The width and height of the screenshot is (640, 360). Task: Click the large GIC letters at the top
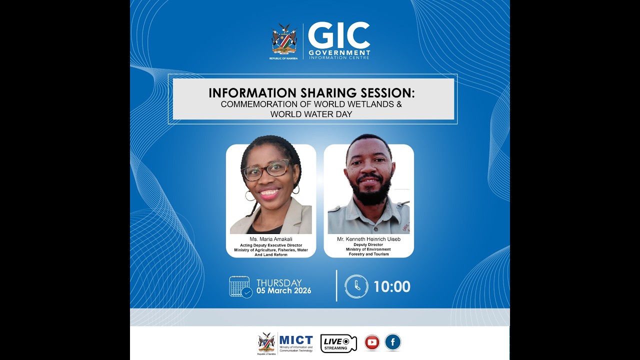point(338,35)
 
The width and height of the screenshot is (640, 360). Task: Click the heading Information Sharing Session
point(311,93)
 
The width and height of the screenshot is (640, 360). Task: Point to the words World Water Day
point(311,114)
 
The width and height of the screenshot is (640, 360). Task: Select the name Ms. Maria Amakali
point(270,239)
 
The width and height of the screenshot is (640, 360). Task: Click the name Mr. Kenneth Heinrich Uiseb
point(368,239)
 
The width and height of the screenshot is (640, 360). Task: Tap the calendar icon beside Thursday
point(240,287)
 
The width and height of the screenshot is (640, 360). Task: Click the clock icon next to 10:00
point(356,286)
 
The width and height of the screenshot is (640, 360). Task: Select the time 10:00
point(391,286)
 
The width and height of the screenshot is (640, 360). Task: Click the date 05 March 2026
point(283,291)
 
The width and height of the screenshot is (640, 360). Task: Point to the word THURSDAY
point(279,282)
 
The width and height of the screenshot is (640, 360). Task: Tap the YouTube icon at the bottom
point(372,342)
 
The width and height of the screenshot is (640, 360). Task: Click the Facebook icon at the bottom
point(392,342)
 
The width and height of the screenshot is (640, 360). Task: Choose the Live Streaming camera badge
point(338,343)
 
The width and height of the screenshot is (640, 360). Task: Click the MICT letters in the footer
point(296,340)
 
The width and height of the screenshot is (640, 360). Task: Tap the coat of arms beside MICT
point(266,342)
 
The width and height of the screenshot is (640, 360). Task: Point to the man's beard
point(369,192)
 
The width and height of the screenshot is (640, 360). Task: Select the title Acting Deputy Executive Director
point(270,245)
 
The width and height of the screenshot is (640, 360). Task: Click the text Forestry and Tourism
point(368,254)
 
